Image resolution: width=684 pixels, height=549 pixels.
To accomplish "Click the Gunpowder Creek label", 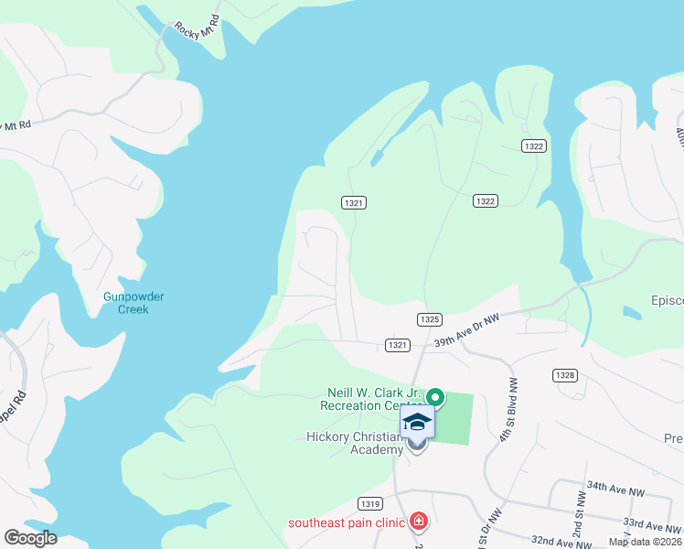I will click(x=125, y=303).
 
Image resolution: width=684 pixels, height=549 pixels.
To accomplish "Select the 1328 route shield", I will click(x=564, y=375).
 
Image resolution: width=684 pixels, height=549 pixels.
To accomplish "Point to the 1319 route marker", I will click(x=370, y=502).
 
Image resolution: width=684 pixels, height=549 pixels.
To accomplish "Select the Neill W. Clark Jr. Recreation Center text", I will click(x=373, y=398).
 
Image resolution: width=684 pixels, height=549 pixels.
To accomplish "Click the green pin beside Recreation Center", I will click(x=435, y=397).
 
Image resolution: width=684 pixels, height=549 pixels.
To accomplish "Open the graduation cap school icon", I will click(x=417, y=422).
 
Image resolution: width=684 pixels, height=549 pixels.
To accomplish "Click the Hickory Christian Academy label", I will click(x=355, y=443).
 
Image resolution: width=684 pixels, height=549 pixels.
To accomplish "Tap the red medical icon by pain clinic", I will click(x=419, y=522).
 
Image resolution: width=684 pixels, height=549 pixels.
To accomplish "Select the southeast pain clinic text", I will click(x=346, y=523).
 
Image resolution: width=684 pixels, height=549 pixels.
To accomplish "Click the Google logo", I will click(x=29, y=538).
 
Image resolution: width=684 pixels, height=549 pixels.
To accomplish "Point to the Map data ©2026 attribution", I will click(x=645, y=542).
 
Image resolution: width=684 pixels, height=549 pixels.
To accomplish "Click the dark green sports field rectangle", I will click(x=457, y=420).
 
